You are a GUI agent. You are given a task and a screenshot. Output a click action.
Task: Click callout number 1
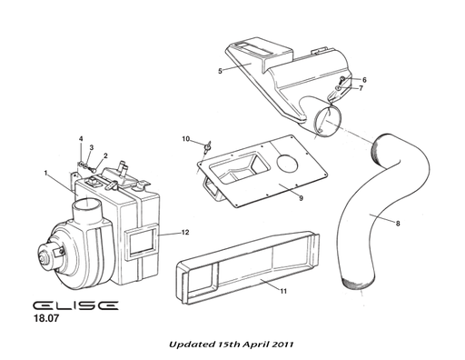[46, 173]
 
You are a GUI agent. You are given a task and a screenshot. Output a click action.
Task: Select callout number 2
[105, 155]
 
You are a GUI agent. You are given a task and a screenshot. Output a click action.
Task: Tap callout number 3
[91, 147]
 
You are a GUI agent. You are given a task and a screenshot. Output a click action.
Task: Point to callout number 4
[81, 139]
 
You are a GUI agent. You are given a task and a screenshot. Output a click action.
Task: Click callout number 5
[221, 70]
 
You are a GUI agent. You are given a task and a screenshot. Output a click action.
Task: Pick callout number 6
[364, 80]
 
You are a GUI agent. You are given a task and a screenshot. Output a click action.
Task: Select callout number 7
[360, 89]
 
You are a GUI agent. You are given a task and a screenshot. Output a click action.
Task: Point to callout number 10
[185, 138]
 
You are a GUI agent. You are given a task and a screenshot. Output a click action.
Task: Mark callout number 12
[184, 233]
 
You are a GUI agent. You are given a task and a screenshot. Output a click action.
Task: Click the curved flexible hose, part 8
[363, 218]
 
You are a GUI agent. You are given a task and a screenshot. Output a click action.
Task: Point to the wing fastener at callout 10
[206, 143]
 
